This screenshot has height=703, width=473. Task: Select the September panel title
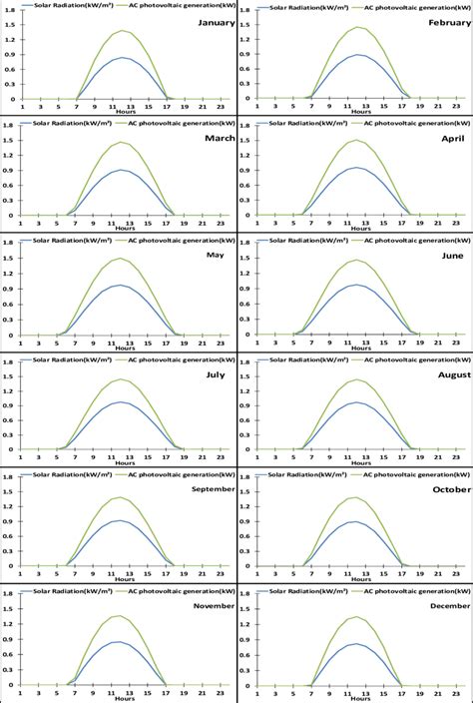tap(212, 489)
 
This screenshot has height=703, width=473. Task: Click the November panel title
tap(213, 606)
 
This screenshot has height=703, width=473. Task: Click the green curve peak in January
tap(123, 31)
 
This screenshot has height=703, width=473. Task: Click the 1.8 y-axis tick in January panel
tap(9, 10)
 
